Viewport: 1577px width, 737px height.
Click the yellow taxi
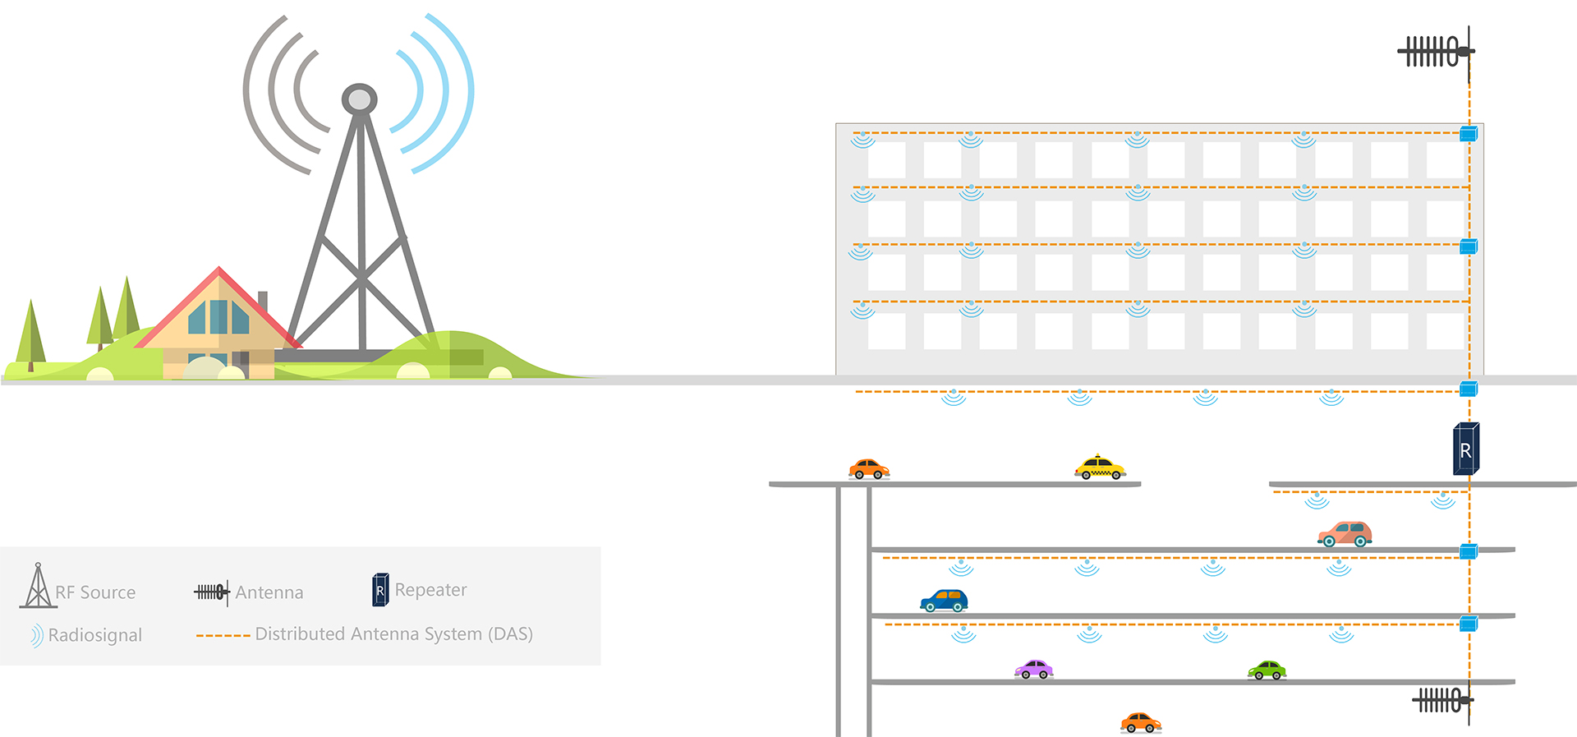(1100, 468)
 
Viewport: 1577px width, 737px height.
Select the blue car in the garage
(944, 601)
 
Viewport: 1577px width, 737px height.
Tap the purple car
(1033, 670)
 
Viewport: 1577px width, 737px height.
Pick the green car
(1267, 670)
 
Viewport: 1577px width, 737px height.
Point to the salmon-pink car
(1345, 534)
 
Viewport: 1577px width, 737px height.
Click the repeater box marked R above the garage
(1466, 449)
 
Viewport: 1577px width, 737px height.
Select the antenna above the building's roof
(1437, 53)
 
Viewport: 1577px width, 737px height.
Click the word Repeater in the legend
(430, 590)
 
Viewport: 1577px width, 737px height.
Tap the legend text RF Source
(95, 592)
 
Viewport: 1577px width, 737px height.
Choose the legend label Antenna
(269, 592)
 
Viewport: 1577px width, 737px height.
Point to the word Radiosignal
(95, 635)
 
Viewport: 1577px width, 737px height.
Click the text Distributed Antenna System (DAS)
(394, 634)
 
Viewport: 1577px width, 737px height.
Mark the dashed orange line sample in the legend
(223, 635)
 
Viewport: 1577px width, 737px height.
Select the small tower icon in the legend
(38, 587)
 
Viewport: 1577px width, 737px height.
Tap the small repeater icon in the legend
(380, 590)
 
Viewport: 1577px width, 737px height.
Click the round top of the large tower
(359, 99)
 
